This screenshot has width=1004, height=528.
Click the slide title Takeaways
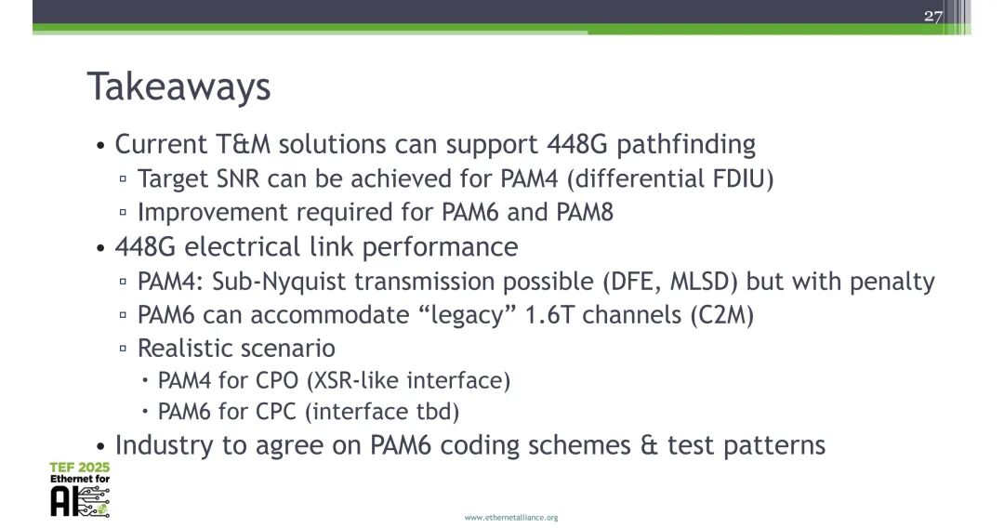click(178, 87)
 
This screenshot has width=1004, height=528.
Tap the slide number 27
click(932, 16)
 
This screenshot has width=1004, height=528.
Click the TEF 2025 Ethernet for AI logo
click(80, 489)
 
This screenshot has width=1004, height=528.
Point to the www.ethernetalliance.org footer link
click(510, 517)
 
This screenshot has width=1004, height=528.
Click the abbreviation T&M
click(242, 145)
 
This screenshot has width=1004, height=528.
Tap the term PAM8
click(585, 212)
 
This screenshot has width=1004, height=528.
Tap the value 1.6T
click(555, 315)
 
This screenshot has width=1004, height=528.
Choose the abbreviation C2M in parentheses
click(721, 315)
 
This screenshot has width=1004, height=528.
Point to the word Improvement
click(213, 212)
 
